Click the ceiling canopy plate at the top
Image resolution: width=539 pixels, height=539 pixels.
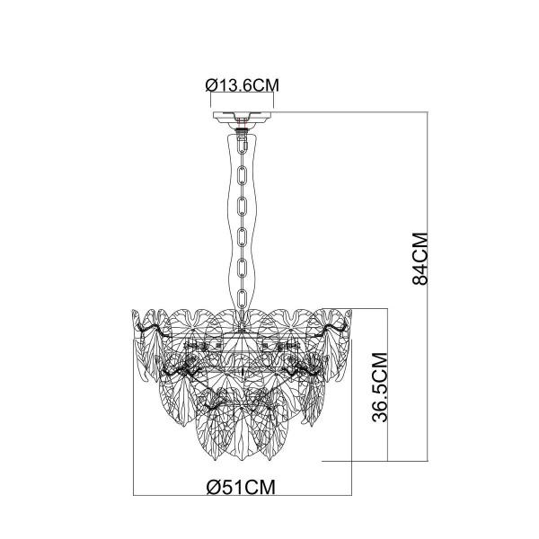pyautogui.click(x=243, y=117)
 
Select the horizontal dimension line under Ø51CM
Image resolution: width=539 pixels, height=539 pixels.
pyautogui.click(x=243, y=496)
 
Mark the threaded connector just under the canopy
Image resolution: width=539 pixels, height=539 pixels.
pyautogui.click(x=243, y=128)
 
